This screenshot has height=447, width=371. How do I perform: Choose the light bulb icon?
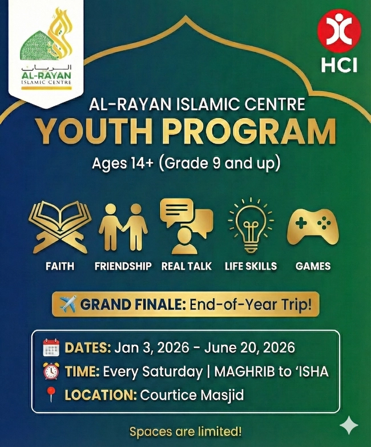(x=250, y=225)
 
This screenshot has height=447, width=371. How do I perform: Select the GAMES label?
(x=313, y=266)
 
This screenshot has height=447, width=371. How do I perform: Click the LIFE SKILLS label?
(x=251, y=266)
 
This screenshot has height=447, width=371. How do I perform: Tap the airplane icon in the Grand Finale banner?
(x=67, y=304)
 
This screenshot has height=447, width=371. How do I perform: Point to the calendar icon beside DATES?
(x=51, y=348)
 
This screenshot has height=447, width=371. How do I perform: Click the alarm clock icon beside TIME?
(x=51, y=372)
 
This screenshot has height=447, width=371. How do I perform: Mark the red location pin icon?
(x=51, y=395)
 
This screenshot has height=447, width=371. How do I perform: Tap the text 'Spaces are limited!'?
(x=185, y=430)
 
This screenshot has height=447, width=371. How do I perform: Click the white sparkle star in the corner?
(x=348, y=425)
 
